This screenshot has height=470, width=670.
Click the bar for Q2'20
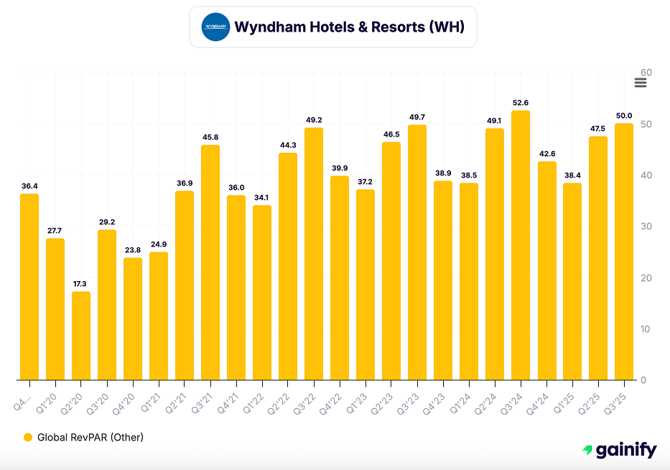pyautogui.click(x=81, y=336)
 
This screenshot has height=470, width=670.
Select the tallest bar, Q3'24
pyautogui.click(x=521, y=245)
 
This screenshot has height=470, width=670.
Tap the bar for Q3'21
pyautogui.click(x=210, y=262)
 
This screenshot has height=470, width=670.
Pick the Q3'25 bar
pyautogui.click(x=624, y=252)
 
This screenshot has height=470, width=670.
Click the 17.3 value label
pyautogui.click(x=81, y=284)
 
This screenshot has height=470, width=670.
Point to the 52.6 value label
pyautogui.click(x=521, y=103)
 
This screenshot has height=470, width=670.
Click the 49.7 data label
pyautogui.click(x=417, y=117)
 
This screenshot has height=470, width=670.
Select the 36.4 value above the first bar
pyautogui.click(x=29, y=186)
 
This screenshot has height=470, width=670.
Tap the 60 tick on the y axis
pyautogui.click(x=646, y=73)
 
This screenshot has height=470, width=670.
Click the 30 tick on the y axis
pyautogui.click(x=646, y=226)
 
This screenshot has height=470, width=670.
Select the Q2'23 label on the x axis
pyautogui.click(x=388, y=397)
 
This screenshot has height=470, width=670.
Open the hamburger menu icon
pyautogui.click(x=641, y=83)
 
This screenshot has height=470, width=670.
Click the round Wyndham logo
pyautogui.click(x=215, y=27)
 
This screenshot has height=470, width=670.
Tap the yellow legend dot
pyautogui.click(x=28, y=437)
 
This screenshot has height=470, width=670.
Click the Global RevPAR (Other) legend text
pyautogui.click(x=90, y=437)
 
